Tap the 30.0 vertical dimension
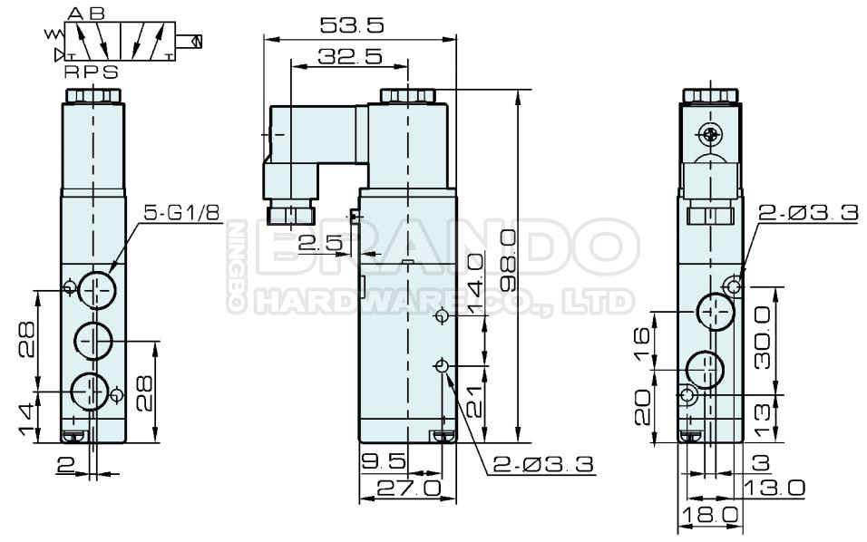coord(763,335)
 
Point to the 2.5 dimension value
coord(319,242)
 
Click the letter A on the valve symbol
coord(75,14)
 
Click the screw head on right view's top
coord(710,135)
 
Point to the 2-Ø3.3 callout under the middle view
coord(542,464)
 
